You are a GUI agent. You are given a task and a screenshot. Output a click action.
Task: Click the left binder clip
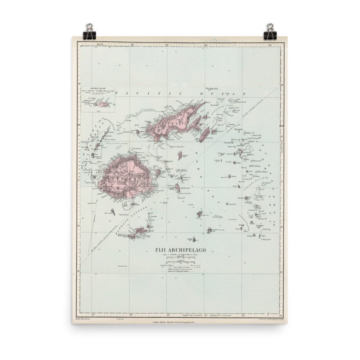89,32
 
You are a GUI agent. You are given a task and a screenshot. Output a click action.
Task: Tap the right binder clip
271,32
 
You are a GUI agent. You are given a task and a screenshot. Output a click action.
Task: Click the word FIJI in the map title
164,249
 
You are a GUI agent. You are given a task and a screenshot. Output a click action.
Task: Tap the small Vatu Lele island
112,212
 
